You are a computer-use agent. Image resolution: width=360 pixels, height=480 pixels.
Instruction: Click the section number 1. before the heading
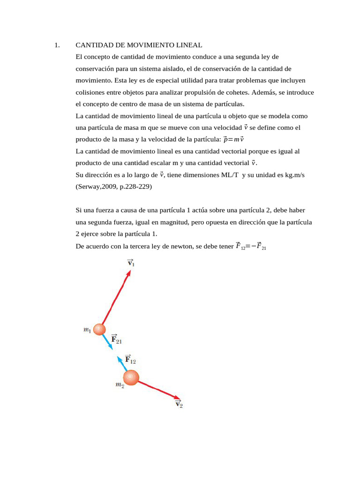(x=56, y=45)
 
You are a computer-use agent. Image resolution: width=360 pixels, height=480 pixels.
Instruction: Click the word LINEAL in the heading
(x=187, y=45)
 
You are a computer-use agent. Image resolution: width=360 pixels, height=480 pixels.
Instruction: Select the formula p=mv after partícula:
(x=233, y=139)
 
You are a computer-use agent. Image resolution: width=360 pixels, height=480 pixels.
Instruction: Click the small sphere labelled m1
(x=99, y=330)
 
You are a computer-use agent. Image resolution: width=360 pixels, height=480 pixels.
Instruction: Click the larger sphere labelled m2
(x=131, y=377)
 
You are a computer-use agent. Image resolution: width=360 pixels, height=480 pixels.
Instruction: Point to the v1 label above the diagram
(x=131, y=263)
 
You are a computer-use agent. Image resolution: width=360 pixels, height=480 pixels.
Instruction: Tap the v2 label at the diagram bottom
(x=179, y=404)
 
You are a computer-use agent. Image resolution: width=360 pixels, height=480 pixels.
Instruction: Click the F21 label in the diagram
(x=116, y=339)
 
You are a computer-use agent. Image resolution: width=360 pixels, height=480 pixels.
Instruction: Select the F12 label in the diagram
(x=130, y=360)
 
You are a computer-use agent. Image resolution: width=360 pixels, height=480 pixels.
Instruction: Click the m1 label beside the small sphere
(x=87, y=330)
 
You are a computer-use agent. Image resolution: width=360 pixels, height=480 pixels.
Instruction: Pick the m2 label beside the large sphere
(x=120, y=385)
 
